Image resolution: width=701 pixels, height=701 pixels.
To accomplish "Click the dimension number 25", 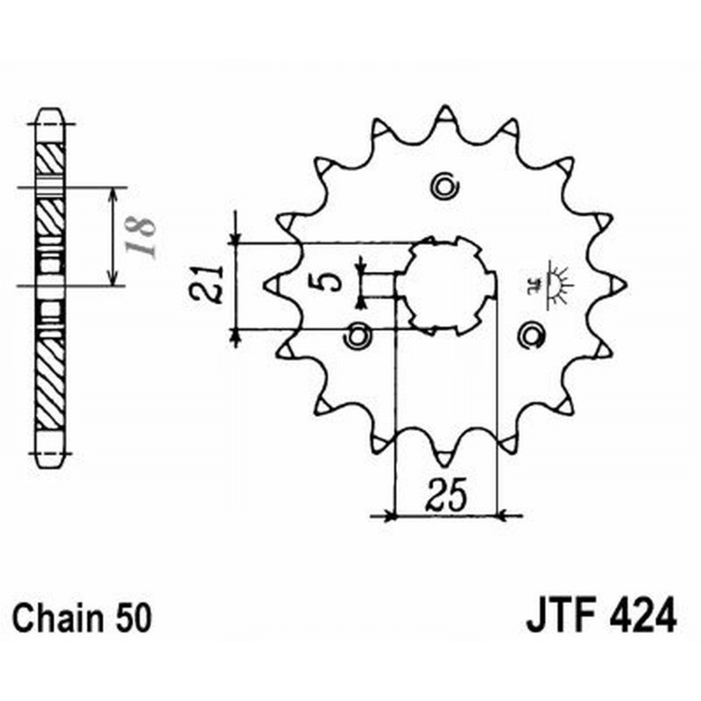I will click(x=445, y=497).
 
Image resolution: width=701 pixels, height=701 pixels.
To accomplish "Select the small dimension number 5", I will click(x=325, y=282).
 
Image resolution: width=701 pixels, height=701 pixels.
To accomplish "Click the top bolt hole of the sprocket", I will click(x=445, y=187).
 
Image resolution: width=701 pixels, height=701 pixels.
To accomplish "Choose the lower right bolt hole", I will click(x=531, y=335).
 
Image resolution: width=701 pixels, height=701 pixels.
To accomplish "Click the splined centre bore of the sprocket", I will click(x=445, y=285).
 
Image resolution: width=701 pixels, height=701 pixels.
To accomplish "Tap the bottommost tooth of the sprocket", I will click(x=445, y=456).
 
